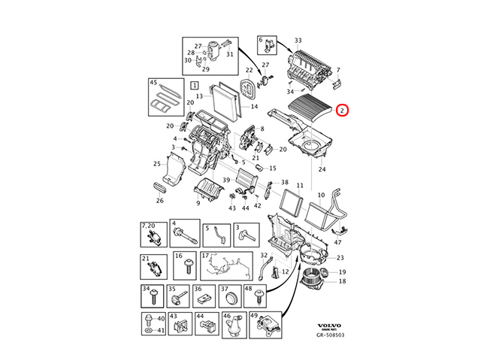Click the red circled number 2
click(x=342, y=111)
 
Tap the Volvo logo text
click(x=329, y=326)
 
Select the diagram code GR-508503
click(x=331, y=335)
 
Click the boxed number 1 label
click(x=195, y=85)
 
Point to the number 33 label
click(x=298, y=40)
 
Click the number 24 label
click(x=322, y=169)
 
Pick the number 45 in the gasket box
click(x=153, y=83)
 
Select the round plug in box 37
click(x=231, y=299)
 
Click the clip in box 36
click(x=204, y=298)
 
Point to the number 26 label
click(x=160, y=201)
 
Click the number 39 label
click(x=226, y=180)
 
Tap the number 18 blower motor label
click(x=342, y=281)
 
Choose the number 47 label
click(x=337, y=242)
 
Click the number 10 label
click(x=321, y=195)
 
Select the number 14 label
click(x=254, y=107)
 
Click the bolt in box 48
click(x=259, y=297)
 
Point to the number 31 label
click(x=230, y=54)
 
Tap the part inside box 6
click(x=269, y=46)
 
